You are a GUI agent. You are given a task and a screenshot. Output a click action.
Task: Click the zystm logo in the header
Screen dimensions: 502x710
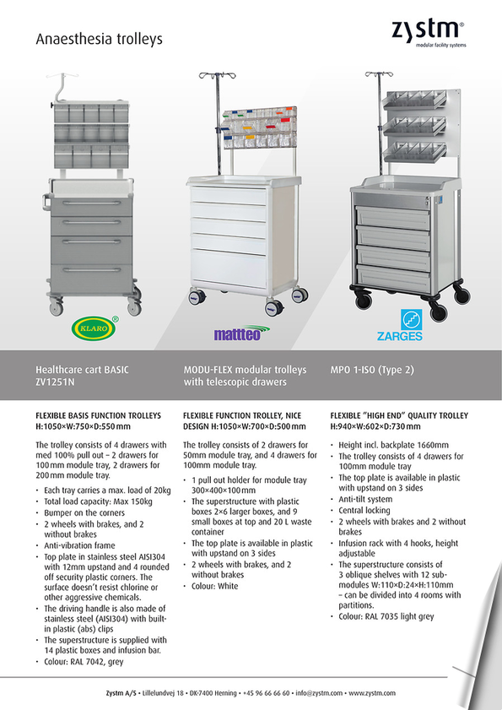coord(429,33)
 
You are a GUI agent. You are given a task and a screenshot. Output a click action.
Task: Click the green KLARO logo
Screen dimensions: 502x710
coord(94,328)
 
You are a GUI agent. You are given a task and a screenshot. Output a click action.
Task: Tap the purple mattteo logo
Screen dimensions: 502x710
coord(241,333)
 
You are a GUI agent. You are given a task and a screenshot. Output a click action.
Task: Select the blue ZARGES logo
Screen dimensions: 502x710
coord(400,325)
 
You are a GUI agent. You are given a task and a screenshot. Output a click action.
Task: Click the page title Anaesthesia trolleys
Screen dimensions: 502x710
coord(99,39)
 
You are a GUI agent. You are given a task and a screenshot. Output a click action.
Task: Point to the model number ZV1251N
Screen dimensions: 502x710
coord(55,382)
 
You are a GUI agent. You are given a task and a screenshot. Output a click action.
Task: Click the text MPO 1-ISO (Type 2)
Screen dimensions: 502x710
coord(372,370)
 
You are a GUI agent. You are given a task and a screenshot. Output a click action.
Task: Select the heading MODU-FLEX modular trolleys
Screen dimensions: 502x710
coord(245,370)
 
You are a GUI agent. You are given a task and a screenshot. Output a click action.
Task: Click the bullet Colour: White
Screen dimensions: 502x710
coord(214,586)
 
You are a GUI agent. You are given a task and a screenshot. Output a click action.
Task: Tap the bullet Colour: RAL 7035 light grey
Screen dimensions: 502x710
coord(386,616)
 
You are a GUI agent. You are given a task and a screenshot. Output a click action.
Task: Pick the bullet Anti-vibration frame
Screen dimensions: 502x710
coord(79,545)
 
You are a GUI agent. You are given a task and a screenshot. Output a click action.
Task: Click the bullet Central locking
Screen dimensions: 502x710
coord(364,510)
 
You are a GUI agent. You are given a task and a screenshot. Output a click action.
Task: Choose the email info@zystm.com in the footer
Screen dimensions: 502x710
coord(319,693)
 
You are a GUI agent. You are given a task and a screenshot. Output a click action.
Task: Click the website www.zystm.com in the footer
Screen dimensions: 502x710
coord(372,693)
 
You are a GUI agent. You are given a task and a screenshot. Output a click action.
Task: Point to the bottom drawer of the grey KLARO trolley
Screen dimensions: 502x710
coord(91,277)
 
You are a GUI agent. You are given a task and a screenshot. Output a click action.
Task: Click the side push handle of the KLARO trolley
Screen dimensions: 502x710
coord(46,203)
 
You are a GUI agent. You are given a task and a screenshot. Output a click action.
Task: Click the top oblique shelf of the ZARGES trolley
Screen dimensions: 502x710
coord(415,100)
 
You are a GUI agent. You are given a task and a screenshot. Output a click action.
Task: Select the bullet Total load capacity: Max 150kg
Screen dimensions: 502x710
coord(98,501)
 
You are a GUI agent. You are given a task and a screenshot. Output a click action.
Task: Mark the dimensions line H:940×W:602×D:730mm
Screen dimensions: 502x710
coord(375,426)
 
